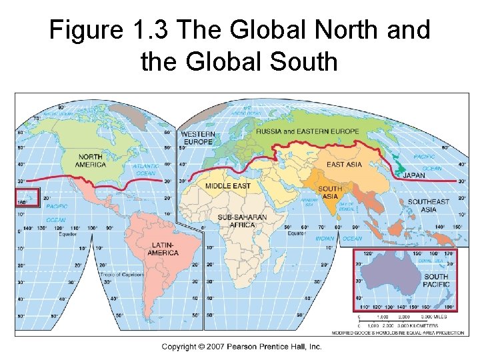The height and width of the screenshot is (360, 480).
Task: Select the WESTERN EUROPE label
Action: click(197, 138)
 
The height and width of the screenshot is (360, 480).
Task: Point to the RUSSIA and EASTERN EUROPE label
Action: click(307, 131)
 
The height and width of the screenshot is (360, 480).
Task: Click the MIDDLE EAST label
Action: click(227, 185)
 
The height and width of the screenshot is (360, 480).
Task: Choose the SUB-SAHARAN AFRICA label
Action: click(242, 221)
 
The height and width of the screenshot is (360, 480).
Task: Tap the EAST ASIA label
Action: click(344, 164)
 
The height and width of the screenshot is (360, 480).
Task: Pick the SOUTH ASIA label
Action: click(330, 193)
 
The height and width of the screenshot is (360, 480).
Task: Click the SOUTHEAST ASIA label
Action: click(429, 205)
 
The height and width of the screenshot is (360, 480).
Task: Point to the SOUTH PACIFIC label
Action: click(436, 281)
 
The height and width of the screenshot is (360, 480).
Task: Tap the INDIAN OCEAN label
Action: click(338, 239)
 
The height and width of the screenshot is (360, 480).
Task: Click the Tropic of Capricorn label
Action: click(122, 274)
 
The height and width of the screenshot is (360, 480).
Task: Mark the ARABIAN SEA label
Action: click(309, 203)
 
